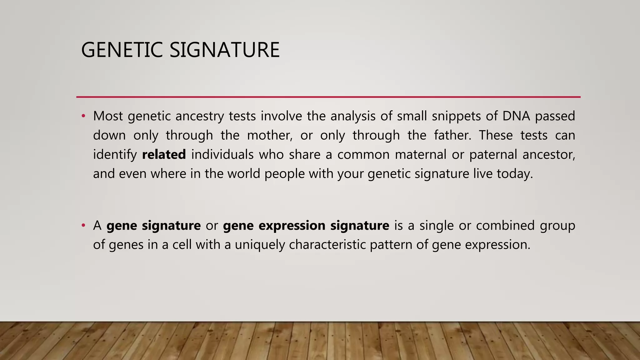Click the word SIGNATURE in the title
(224, 50)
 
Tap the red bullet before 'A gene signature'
(83, 226)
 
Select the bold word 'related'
(164, 155)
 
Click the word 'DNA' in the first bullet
(516, 116)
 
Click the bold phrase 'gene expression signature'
(306, 226)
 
